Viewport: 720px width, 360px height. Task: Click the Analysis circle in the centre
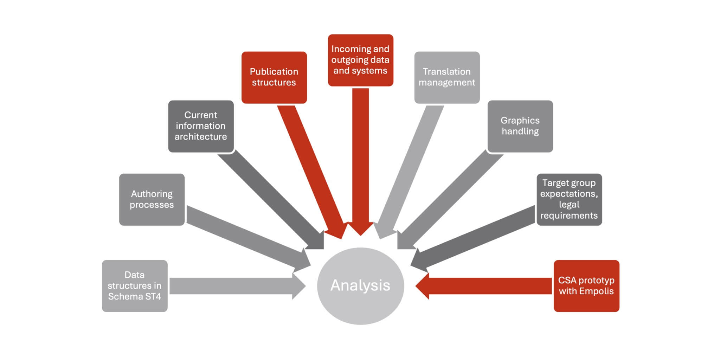pos(360,285)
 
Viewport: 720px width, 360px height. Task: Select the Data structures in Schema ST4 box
pos(135,286)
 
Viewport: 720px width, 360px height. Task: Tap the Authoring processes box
pos(152,199)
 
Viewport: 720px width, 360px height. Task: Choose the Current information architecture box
pos(201,126)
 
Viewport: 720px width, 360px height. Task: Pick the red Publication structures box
pos(274,77)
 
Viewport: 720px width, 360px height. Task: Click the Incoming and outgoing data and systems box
pos(360,60)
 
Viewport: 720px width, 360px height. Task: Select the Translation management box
pos(447,77)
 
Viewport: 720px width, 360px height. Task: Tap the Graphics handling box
pos(520,126)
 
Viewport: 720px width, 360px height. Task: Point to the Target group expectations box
pos(569,199)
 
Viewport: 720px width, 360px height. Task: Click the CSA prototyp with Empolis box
pos(586,286)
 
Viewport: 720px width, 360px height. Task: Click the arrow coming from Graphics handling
pos(454,197)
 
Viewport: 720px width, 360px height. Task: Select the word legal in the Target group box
pos(569,205)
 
